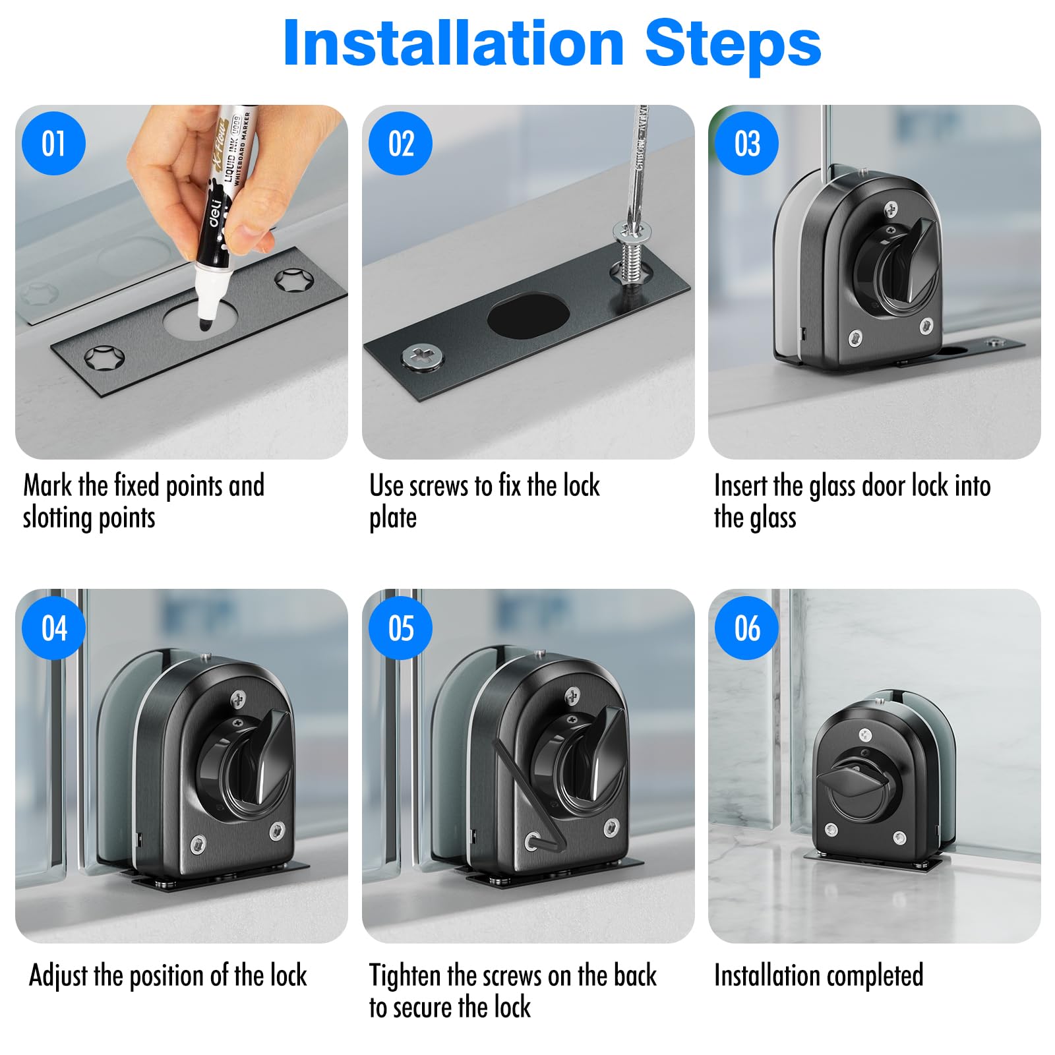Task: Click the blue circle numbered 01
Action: pos(54,144)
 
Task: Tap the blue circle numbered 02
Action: pos(401,144)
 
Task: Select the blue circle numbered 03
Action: pos(747,144)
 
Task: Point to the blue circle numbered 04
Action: pos(54,628)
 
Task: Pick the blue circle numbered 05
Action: pos(401,628)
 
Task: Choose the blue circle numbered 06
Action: pos(747,628)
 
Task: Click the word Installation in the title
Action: pos(454,44)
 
